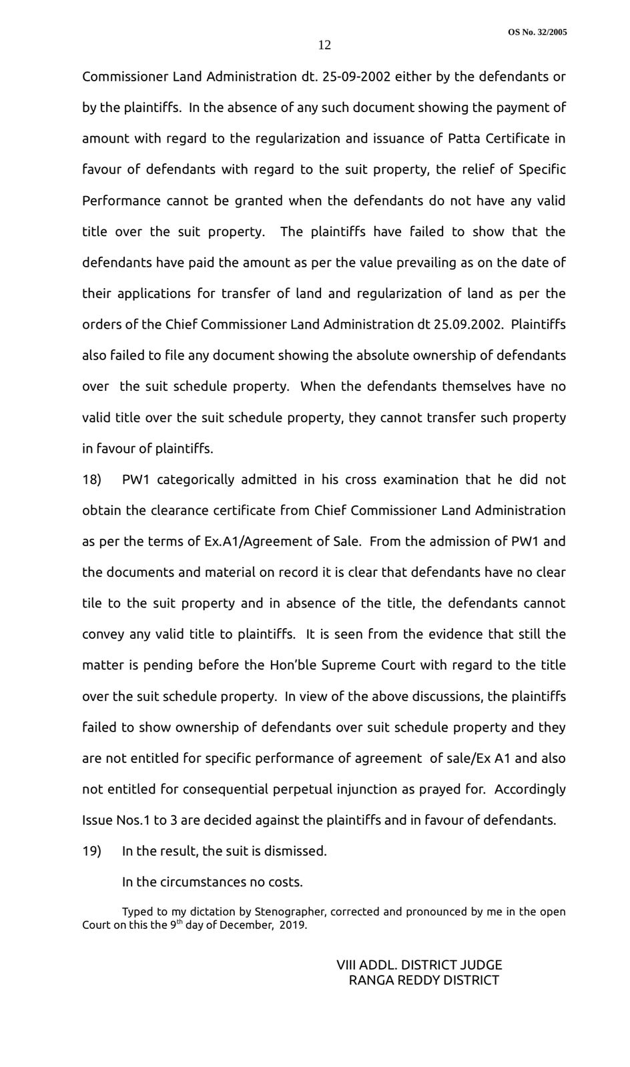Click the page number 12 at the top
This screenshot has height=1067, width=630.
click(x=324, y=45)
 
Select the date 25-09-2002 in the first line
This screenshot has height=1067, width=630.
click(x=356, y=77)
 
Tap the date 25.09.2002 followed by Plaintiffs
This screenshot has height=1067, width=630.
click(x=471, y=325)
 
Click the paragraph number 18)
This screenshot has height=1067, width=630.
click(x=91, y=479)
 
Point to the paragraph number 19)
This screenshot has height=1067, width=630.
click(x=91, y=852)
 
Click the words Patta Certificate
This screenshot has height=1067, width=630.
click(x=499, y=139)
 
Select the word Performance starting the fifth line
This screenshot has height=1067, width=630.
click(x=121, y=201)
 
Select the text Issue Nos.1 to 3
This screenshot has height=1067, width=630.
click(x=123, y=820)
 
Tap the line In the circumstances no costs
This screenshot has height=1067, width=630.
click(x=212, y=882)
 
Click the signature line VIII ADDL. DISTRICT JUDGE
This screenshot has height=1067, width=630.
click(x=419, y=965)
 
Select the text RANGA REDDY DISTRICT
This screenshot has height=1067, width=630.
click(x=424, y=980)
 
